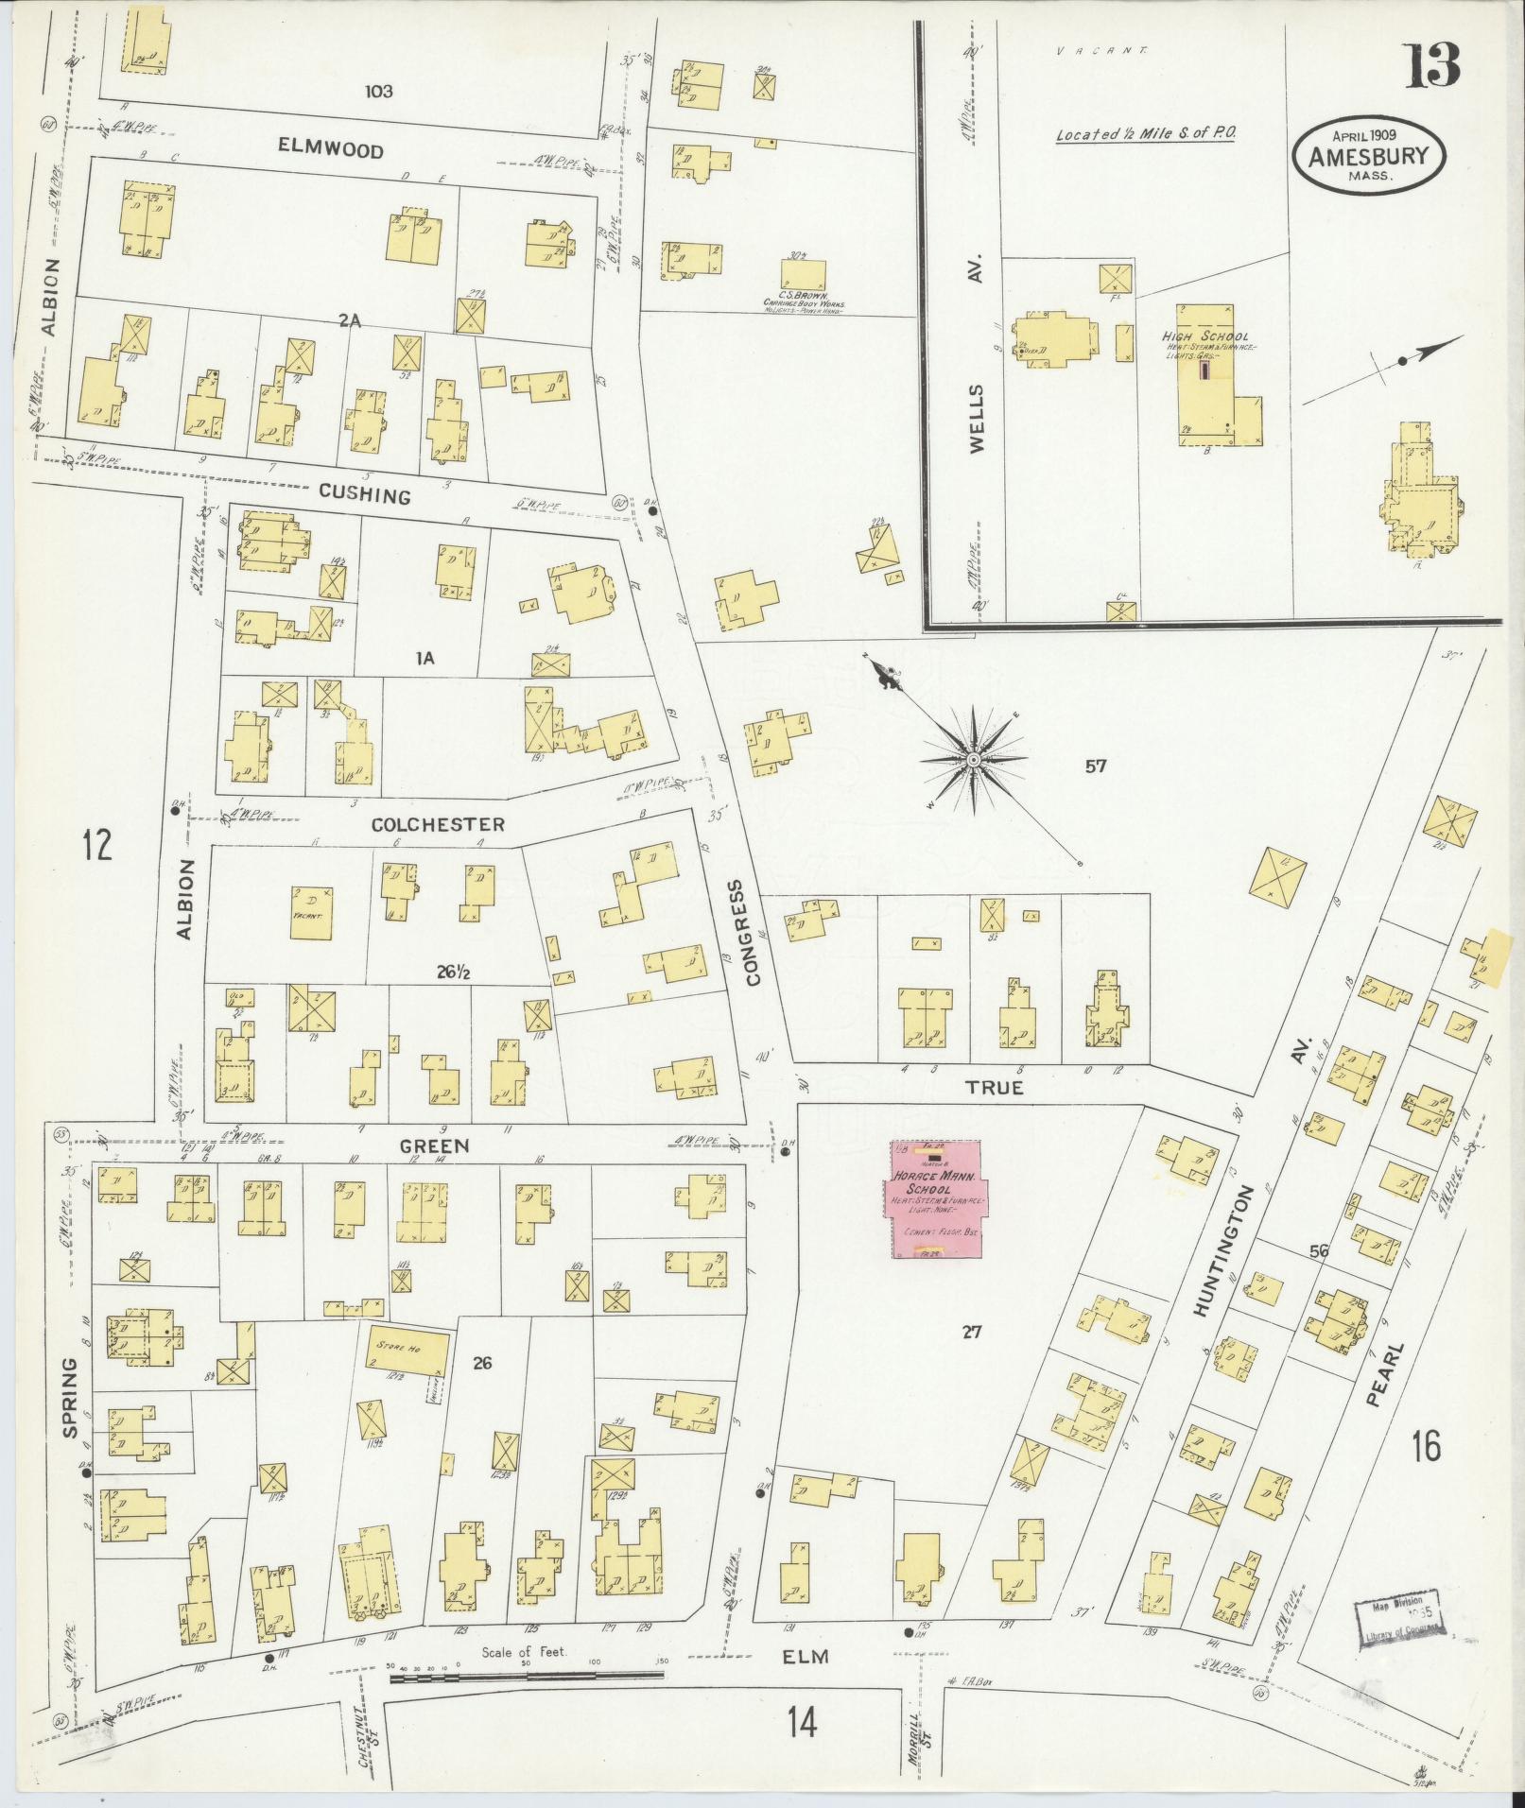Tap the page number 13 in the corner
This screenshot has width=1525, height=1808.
(x=1430, y=65)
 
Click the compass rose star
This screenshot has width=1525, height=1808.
(x=973, y=759)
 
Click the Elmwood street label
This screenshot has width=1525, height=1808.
(x=331, y=149)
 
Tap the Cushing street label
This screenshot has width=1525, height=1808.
(x=364, y=494)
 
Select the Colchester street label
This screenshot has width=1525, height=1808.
(x=437, y=824)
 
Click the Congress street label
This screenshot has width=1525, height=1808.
(x=753, y=933)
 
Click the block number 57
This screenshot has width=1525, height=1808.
(x=1096, y=766)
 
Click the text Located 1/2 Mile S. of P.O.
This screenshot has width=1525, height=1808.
(x=1145, y=134)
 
